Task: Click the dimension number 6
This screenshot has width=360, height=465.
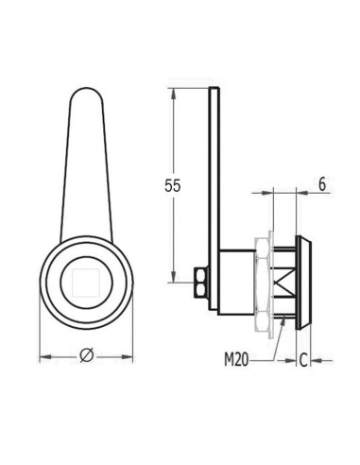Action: (323, 185)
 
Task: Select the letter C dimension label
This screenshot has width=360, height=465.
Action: (302, 359)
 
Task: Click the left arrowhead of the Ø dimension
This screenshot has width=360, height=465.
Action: (43, 358)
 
